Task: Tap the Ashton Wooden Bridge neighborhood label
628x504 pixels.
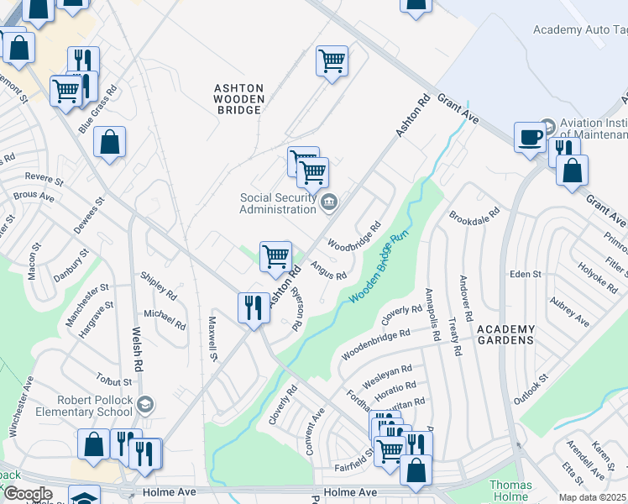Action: (239, 98)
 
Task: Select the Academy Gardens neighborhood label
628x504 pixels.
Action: (506, 333)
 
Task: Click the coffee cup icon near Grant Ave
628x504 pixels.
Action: (530, 138)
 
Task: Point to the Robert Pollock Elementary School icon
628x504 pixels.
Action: (145, 405)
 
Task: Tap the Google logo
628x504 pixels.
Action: (27, 494)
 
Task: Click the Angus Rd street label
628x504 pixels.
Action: (328, 270)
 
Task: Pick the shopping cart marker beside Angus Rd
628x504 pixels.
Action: (275, 256)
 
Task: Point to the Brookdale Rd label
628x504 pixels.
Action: (474, 216)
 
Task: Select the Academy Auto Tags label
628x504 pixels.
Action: (580, 30)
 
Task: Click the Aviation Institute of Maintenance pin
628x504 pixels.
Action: (549, 128)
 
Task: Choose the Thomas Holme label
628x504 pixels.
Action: (511, 491)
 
